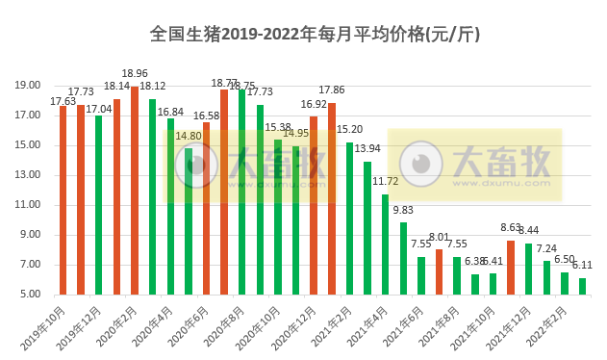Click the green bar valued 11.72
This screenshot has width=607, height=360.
385,244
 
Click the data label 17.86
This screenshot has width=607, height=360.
332,90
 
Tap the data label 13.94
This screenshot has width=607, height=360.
367,149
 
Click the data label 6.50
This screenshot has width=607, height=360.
565,260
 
